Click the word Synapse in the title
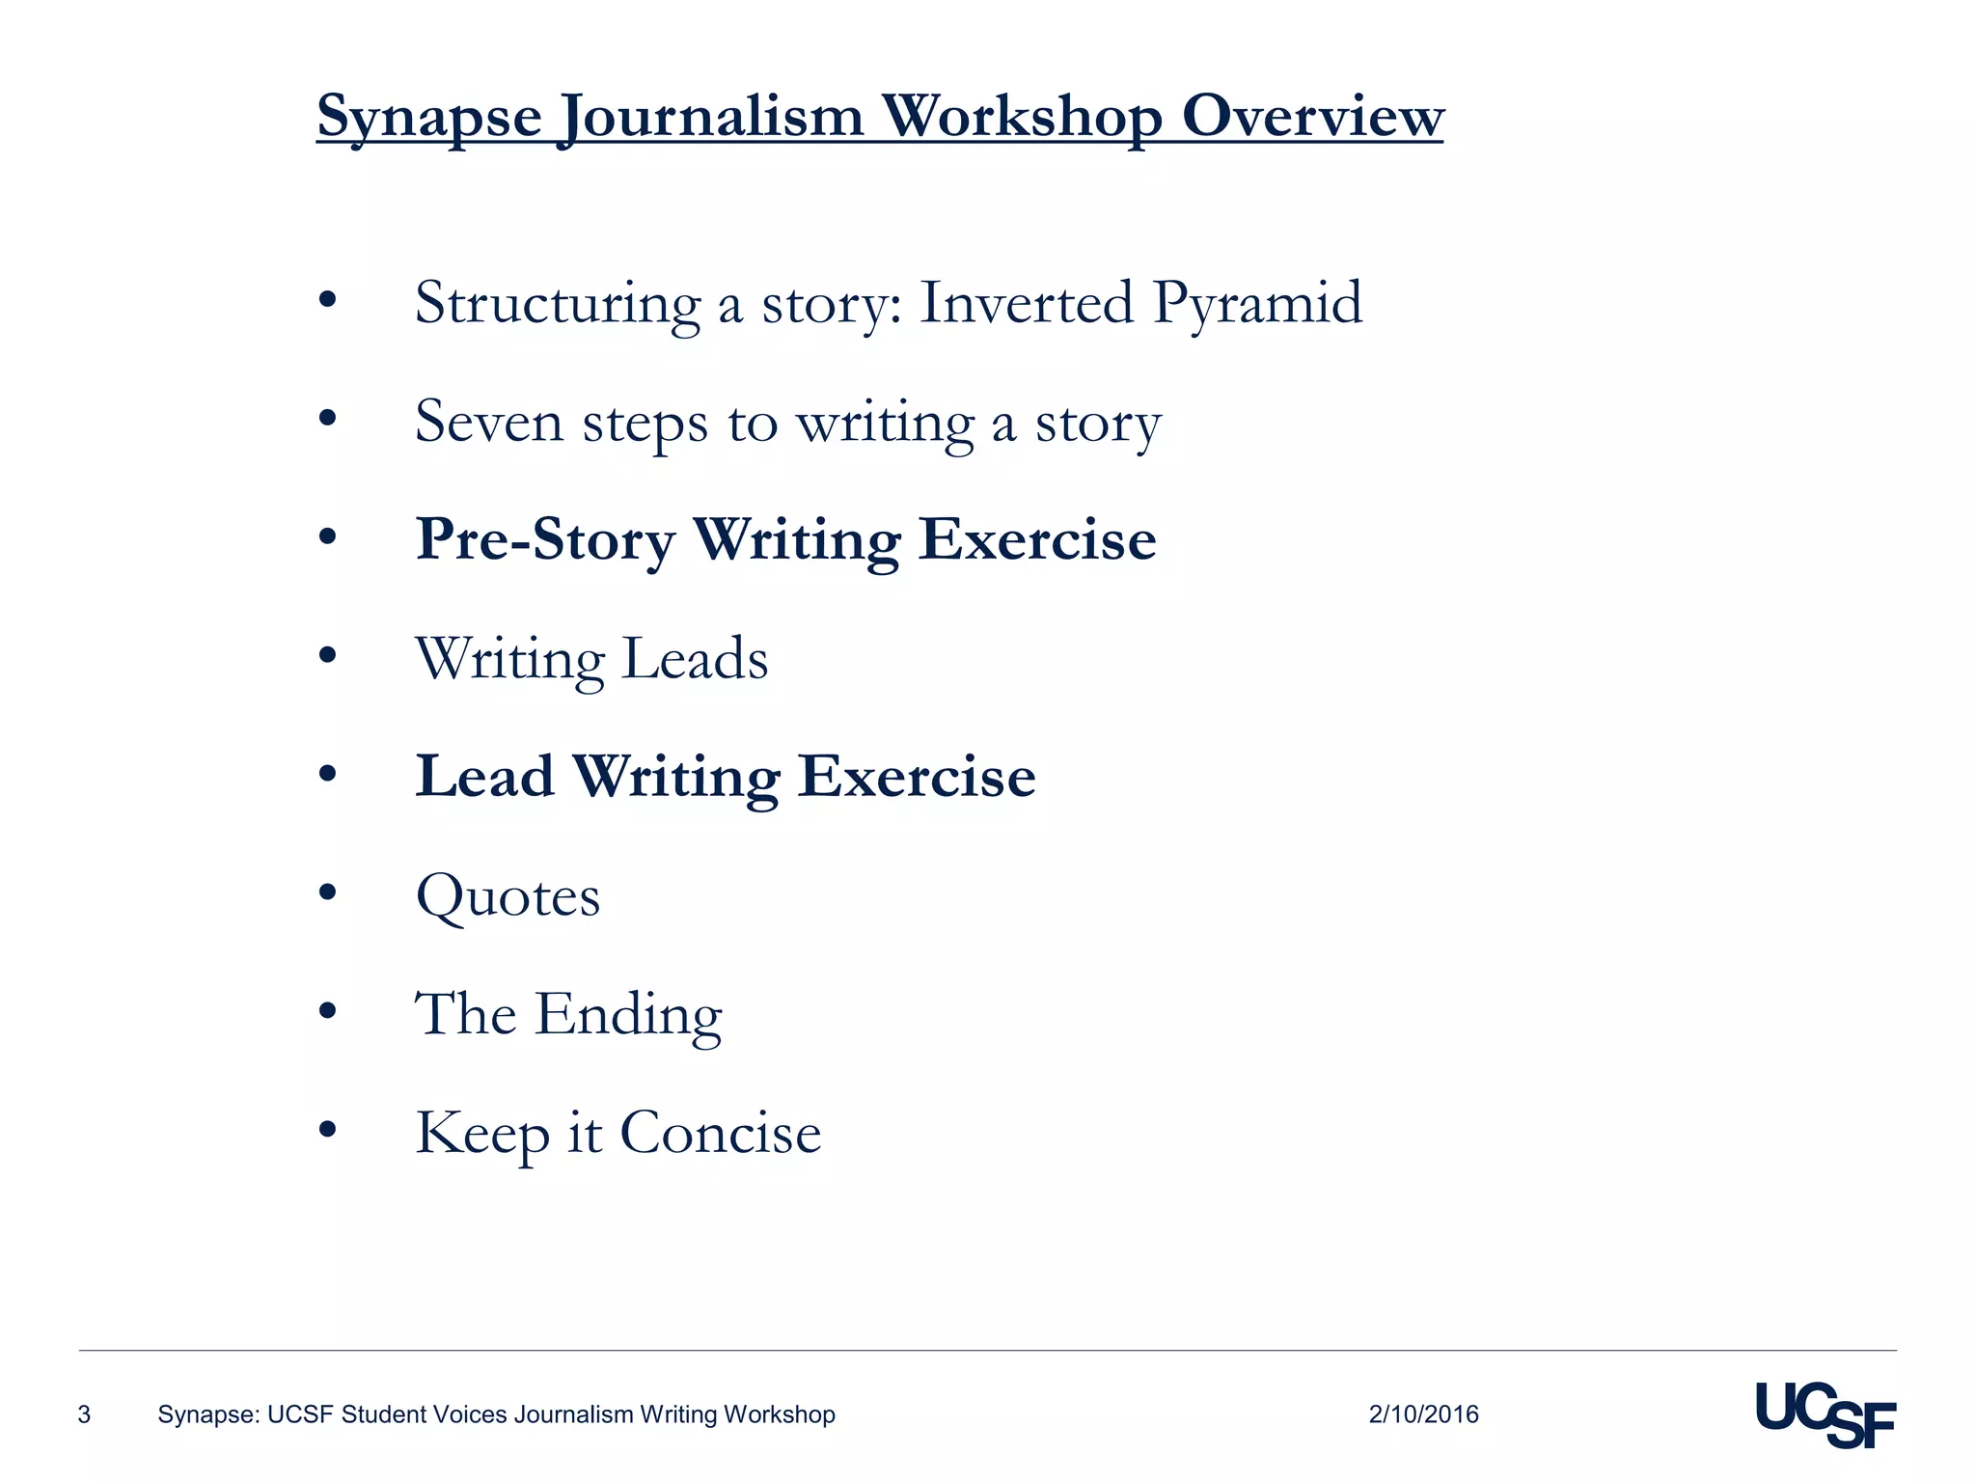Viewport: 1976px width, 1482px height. point(429,118)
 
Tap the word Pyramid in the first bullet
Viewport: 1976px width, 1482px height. point(1257,304)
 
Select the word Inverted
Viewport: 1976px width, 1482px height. point(1027,303)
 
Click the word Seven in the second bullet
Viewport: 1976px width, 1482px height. point(488,423)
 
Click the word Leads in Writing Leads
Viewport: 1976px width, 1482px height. point(695,659)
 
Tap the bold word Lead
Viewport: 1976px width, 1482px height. point(484,777)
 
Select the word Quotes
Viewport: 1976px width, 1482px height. point(508,897)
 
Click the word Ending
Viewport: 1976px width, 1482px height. point(628,1015)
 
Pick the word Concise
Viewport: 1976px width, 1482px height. point(720,1133)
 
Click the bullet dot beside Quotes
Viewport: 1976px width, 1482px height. point(328,893)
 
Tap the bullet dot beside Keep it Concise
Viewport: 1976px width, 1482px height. point(328,1129)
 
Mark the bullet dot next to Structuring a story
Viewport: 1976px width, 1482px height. point(328,299)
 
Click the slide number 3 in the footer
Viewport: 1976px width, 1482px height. point(84,1414)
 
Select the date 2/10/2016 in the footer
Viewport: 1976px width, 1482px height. point(1423,1414)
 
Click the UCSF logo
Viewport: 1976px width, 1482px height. point(1825,1414)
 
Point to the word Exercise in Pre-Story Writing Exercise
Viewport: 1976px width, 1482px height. point(1037,540)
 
